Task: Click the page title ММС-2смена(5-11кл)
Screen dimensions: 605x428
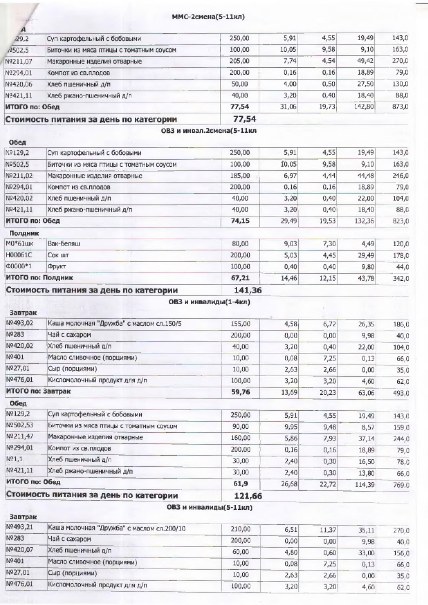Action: (208, 17)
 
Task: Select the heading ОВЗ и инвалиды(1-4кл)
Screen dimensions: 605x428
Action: (209, 302)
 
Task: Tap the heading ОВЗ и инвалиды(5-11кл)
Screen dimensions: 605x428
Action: (209, 507)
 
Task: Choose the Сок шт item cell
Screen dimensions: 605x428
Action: (58, 255)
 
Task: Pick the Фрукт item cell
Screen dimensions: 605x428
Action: (57, 267)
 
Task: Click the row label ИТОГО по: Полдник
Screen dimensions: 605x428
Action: (40, 278)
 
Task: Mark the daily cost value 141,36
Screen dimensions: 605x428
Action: (248, 290)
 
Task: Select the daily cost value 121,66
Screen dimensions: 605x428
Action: (248, 496)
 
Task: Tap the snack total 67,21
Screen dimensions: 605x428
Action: (240, 278)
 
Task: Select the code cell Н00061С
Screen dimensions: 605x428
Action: (19, 255)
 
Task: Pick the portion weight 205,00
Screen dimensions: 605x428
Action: (239, 61)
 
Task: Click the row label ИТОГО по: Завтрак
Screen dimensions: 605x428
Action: (38, 391)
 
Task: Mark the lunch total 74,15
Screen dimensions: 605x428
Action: (240, 221)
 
